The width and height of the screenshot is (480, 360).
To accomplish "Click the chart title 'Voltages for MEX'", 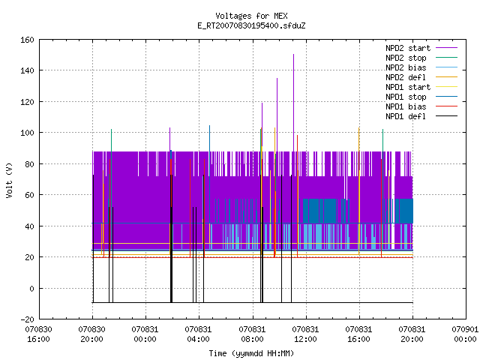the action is click(x=251, y=16).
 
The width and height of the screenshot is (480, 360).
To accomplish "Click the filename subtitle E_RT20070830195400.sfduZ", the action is click(x=251, y=25).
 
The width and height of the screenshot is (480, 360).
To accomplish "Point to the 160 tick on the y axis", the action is click(x=27, y=40).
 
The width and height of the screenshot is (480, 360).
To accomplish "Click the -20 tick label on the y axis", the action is click(x=27, y=319).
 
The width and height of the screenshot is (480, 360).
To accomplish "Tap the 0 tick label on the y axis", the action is click(x=31, y=288).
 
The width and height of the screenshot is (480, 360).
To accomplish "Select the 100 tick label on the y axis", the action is click(x=27, y=133).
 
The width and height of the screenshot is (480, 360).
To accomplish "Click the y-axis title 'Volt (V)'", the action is click(x=10, y=181).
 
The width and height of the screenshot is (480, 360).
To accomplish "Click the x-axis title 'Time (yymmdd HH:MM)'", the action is click(x=251, y=353).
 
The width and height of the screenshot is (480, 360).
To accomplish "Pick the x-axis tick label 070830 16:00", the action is click(x=38, y=334).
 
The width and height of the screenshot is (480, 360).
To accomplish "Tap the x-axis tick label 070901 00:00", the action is click(x=465, y=334).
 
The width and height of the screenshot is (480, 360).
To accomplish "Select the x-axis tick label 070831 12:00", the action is click(x=305, y=334).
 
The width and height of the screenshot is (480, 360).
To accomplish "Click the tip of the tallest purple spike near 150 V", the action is click(x=293, y=54).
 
